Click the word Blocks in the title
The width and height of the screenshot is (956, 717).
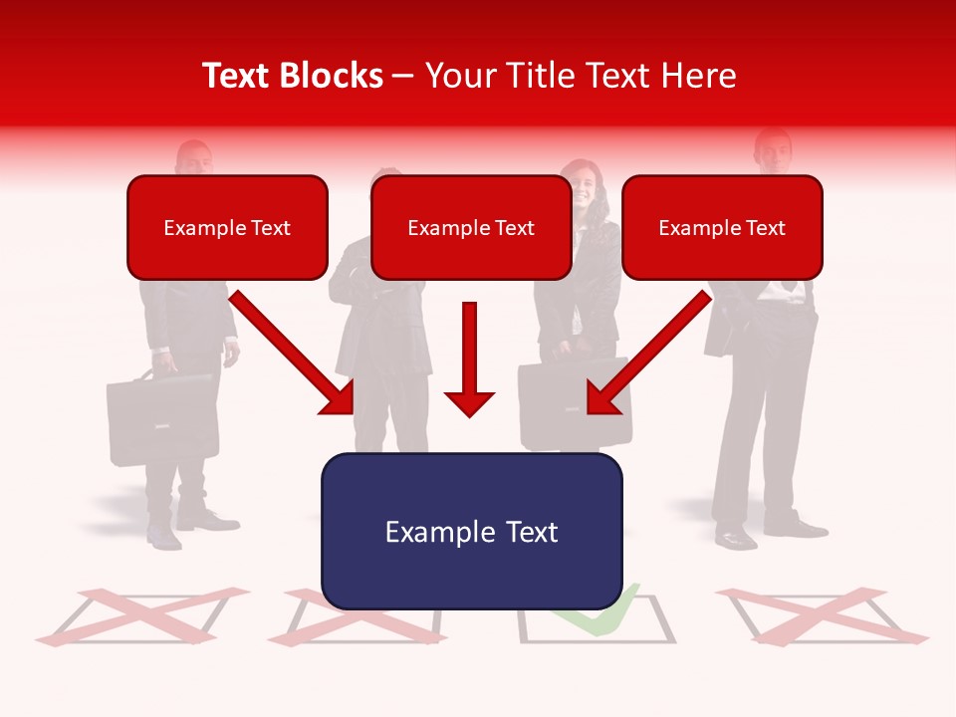click(334, 76)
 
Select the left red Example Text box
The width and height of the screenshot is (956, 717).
click(227, 227)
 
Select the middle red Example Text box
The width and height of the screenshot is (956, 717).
click(471, 227)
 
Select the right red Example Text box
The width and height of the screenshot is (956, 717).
click(722, 227)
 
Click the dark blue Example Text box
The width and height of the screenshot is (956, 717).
click(471, 531)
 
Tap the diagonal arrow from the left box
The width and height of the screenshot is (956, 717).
click(294, 354)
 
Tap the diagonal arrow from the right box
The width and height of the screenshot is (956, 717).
click(647, 354)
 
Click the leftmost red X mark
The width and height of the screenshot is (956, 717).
click(139, 614)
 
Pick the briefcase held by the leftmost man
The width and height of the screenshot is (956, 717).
click(162, 418)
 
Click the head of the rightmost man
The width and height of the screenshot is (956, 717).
click(772, 151)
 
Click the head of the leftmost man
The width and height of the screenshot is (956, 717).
click(194, 159)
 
